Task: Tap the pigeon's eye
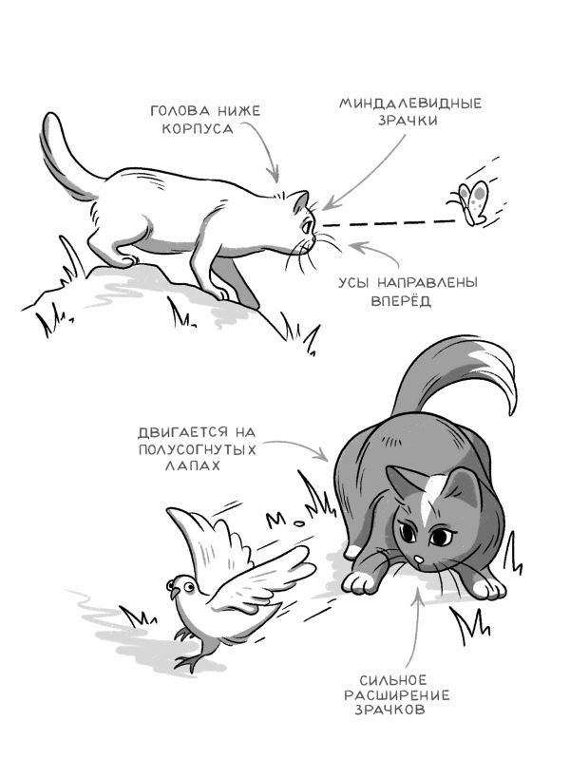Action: click(187, 587)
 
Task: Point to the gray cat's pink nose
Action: click(420, 560)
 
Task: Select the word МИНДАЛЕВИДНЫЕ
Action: click(409, 104)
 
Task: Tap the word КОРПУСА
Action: click(198, 129)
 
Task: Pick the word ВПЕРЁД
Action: click(401, 301)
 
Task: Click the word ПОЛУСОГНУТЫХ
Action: click(197, 448)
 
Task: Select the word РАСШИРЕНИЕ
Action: click(397, 695)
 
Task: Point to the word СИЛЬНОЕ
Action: click(393, 680)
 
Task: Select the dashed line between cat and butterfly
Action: click(389, 223)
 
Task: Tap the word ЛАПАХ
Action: click(192, 465)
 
